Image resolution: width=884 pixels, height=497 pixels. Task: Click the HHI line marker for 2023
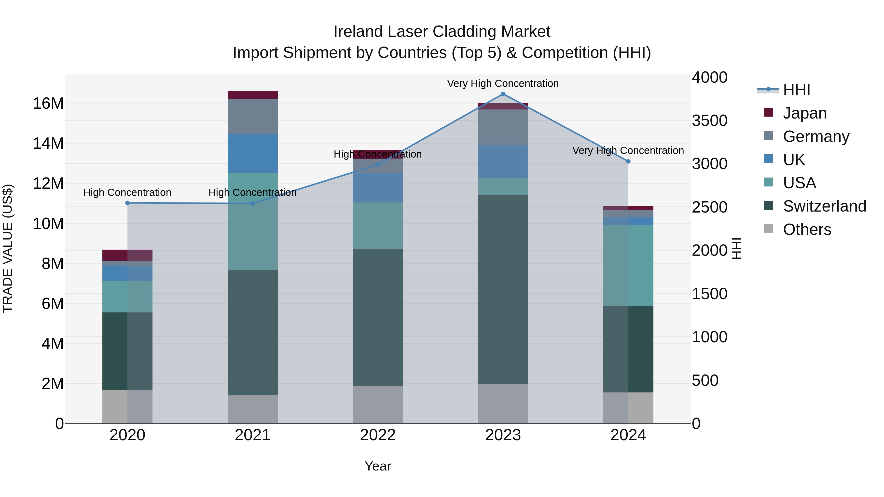click(x=503, y=94)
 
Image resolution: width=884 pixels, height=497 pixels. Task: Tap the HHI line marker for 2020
click(x=127, y=203)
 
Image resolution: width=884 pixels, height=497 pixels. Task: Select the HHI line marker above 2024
click(x=628, y=161)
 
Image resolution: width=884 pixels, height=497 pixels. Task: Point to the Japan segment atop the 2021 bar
click(x=253, y=95)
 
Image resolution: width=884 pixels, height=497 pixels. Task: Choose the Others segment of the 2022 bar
click(x=378, y=404)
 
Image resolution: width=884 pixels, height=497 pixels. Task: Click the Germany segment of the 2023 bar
click(x=503, y=127)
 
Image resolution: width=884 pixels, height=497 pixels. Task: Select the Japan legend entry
click(x=804, y=113)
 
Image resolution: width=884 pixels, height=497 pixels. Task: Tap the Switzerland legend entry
click(x=824, y=206)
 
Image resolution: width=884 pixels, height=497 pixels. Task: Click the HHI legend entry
click(x=796, y=90)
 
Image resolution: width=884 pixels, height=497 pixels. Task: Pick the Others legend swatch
click(x=768, y=229)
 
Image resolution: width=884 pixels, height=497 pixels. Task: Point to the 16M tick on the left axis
click(x=48, y=103)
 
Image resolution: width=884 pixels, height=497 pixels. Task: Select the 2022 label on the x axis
click(x=378, y=435)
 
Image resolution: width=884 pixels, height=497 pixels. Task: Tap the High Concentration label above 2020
click(x=127, y=192)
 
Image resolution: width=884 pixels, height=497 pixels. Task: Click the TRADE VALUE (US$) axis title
click(x=8, y=248)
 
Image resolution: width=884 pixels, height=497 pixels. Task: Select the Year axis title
click(x=378, y=466)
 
